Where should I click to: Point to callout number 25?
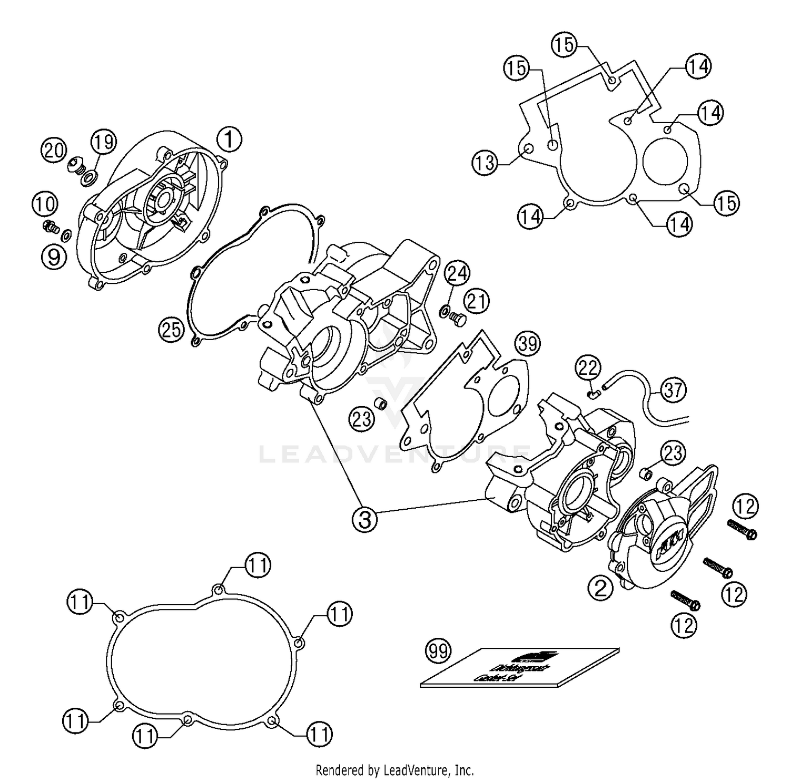tap(171, 330)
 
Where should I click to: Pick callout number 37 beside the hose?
tap(673, 390)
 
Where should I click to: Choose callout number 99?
tap(438, 651)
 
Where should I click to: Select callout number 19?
tap(103, 141)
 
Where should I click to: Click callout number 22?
tap(588, 368)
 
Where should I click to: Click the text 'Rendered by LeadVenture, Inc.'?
tap(394, 770)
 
